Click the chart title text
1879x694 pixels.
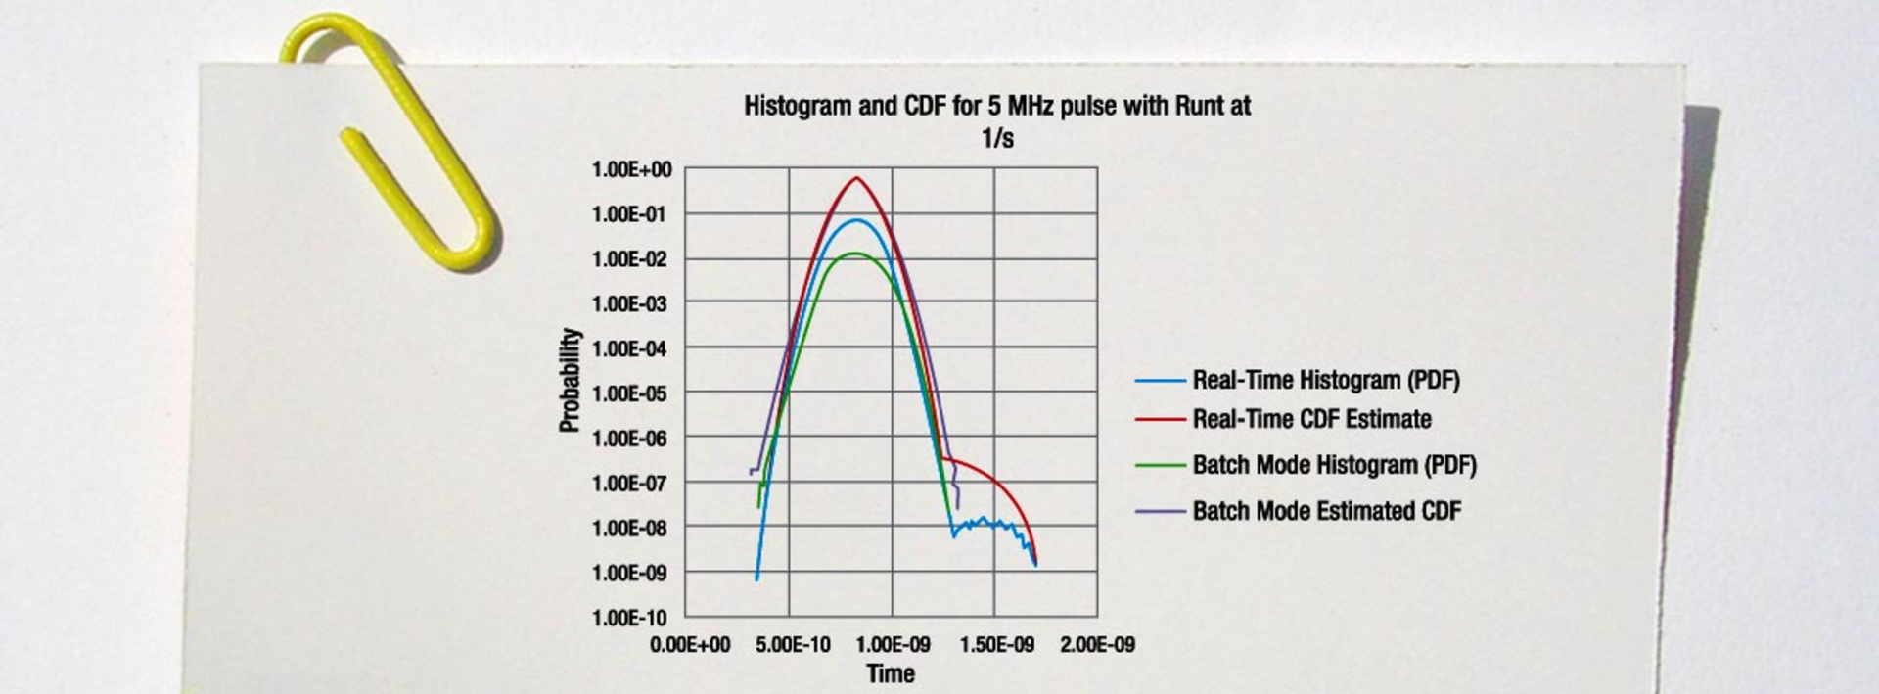click(996, 119)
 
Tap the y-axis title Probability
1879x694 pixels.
click(570, 380)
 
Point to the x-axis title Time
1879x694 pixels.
click(891, 673)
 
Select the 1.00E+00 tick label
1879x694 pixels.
click(631, 169)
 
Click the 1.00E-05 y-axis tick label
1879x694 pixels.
click(631, 393)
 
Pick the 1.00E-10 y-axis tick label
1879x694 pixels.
click(631, 618)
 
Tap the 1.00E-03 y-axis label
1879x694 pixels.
click(631, 303)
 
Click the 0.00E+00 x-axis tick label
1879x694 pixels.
click(690, 645)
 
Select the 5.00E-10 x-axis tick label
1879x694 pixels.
click(793, 645)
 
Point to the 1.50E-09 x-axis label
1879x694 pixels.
click(996, 645)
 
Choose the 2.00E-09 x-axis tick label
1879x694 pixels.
click(1098, 645)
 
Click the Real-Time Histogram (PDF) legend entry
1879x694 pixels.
click(1325, 380)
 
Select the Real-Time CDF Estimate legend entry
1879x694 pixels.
click(1311, 419)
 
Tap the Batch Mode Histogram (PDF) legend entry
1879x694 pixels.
click(1334, 465)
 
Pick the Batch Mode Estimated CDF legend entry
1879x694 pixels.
click(1326, 511)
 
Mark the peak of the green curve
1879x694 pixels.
click(854, 254)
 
